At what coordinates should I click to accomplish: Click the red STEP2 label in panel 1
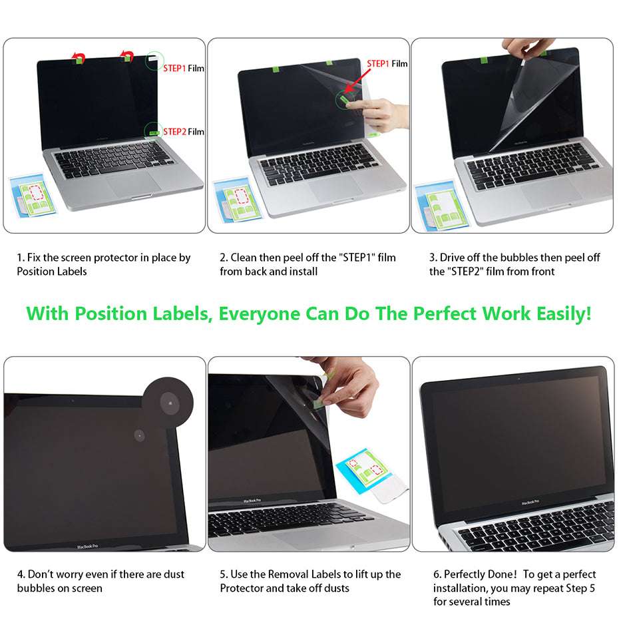tap(174, 132)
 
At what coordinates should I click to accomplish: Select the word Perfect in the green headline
tap(443, 314)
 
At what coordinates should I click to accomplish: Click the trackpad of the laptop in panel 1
tap(133, 184)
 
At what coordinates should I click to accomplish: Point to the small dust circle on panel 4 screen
tap(139, 436)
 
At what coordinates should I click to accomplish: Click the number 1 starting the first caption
tap(20, 258)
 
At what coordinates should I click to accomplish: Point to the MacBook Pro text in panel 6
tap(530, 501)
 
